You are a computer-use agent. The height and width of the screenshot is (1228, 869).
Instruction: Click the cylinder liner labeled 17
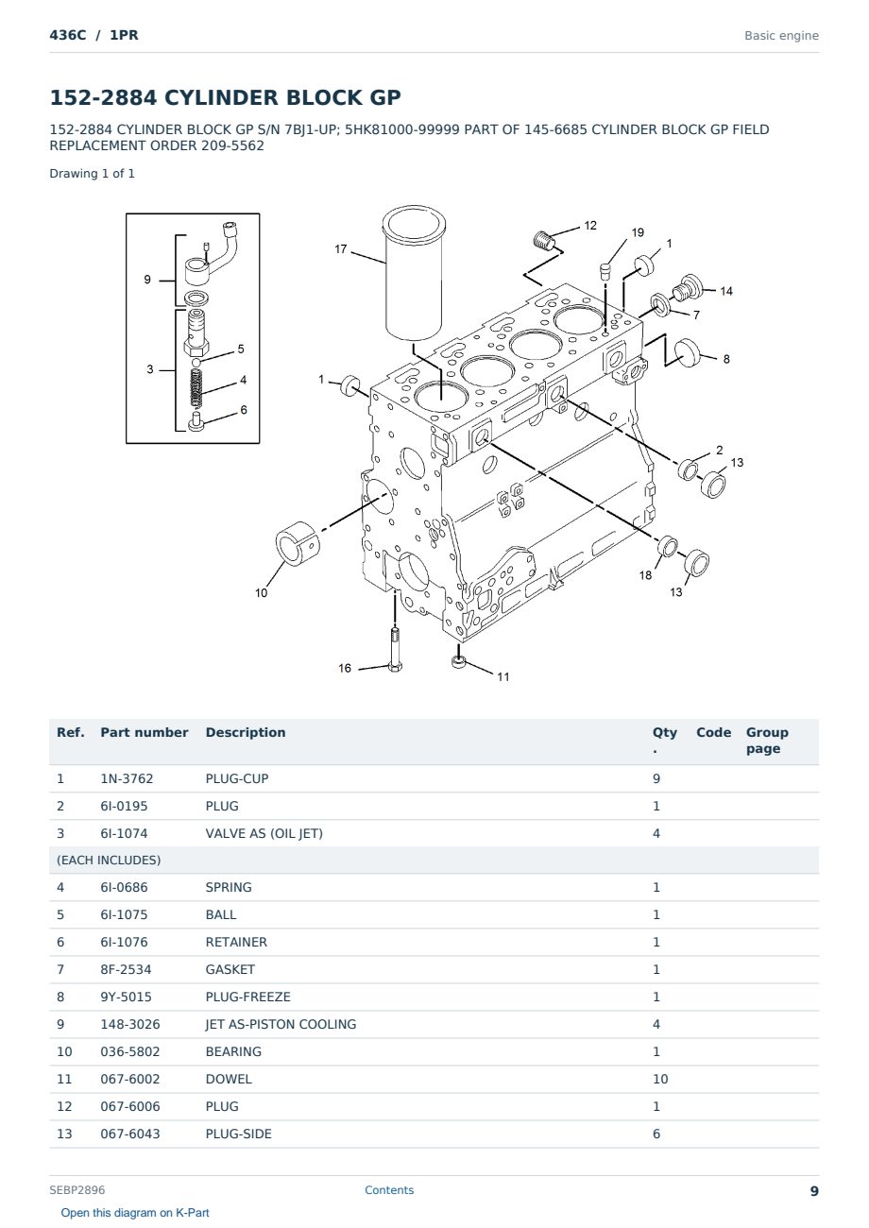(x=414, y=274)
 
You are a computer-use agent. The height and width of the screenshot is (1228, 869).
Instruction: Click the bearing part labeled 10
(x=297, y=543)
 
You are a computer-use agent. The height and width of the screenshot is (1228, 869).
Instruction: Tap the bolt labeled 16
(x=395, y=650)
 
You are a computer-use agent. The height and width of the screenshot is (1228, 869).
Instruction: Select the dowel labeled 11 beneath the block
(x=458, y=661)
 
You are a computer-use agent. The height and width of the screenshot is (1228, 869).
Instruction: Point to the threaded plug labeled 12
(x=544, y=241)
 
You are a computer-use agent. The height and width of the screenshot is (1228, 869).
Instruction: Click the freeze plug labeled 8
(x=688, y=352)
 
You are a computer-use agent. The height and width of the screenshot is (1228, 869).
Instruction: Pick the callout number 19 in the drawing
(x=637, y=232)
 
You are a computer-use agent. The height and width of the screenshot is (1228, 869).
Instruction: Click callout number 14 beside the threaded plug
(x=726, y=291)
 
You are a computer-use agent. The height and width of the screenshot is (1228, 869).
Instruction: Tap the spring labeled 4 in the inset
(x=196, y=387)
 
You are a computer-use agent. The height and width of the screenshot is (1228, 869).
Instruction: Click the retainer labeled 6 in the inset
(x=196, y=424)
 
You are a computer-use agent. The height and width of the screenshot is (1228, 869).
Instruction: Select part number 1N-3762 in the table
(x=127, y=778)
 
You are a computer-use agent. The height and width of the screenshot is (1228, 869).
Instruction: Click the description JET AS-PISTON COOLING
(x=281, y=1024)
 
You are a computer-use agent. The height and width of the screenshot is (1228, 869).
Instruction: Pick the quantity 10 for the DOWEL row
(x=660, y=1079)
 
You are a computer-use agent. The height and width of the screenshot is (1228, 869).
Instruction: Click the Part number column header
(x=145, y=732)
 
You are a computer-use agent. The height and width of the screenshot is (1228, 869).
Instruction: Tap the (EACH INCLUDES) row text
(x=109, y=861)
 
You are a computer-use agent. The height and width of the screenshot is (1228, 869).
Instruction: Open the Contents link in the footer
(x=389, y=1189)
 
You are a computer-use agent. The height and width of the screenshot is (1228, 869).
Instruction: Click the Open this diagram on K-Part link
(x=135, y=1213)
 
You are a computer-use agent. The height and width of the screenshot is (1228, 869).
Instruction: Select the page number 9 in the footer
(x=814, y=1191)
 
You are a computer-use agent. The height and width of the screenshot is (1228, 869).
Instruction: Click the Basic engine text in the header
(x=781, y=36)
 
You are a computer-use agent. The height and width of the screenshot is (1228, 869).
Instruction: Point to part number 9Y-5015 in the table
(x=127, y=997)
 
